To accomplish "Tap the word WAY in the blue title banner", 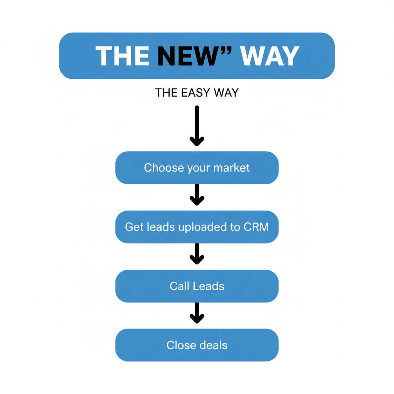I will tap(269, 56).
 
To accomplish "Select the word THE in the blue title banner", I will tap(122, 56).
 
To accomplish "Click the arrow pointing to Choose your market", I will tap(197, 126).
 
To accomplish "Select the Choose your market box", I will tap(197, 168).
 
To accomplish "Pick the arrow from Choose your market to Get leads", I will tap(197, 195).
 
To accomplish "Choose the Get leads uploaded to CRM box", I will tap(197, 227).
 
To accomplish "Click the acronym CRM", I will tap(256, 227).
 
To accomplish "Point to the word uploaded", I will tap(203, 227).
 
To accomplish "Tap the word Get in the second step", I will tap(134, 227).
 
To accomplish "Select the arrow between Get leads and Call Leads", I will tap(197, 254).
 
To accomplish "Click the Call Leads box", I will tap(197, 286).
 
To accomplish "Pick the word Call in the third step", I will tap(179, 286).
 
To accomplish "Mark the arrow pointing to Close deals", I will tap(197, 313).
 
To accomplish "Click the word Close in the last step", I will tap(179, 345).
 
